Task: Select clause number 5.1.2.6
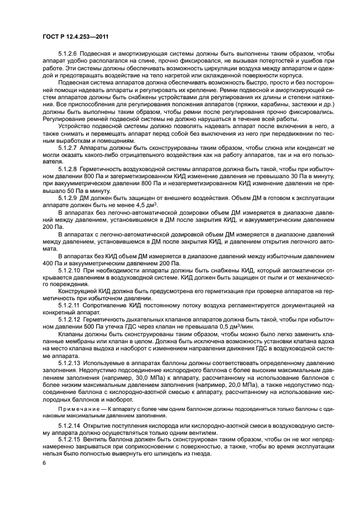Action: [69, 53]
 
